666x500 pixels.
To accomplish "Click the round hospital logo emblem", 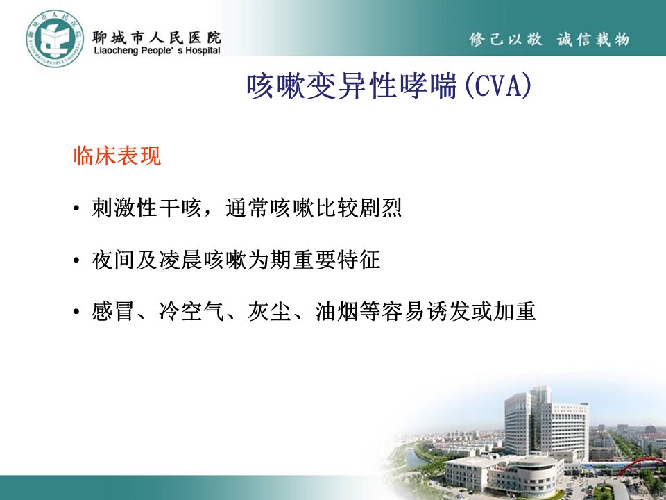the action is (x=55, y=39).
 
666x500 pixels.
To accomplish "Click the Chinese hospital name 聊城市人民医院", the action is (x=157, y=37).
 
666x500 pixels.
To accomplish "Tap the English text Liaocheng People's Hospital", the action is (x=157, y=51).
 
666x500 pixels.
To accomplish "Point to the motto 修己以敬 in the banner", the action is (x=506, y=39).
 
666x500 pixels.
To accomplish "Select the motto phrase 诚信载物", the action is (x=593, y=39).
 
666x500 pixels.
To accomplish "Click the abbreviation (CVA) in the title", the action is (x=498, y=86).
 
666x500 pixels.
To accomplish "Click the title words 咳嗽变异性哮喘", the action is (x=352, y=86).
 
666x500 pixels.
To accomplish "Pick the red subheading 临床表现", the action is (x=117, y=156).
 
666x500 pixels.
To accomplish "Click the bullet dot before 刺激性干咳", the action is (x=76, y=208).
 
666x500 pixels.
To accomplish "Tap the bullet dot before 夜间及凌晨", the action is (x=76, y=260).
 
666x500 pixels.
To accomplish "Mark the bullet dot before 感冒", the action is (x=76, y=311).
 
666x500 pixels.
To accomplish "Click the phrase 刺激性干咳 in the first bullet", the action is (x=147, y=208).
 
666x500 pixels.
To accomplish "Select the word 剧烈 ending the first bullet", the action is (x=380, y=208).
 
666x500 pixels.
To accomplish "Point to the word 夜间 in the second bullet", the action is (x=113, y=260).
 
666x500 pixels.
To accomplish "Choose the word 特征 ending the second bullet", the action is (x=359, y=260).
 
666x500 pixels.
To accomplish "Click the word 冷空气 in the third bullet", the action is (x=191, y=311).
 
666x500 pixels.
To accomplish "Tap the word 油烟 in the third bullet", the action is (x=336, y=311).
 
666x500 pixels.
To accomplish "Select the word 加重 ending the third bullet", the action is (x=515, y=311).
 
